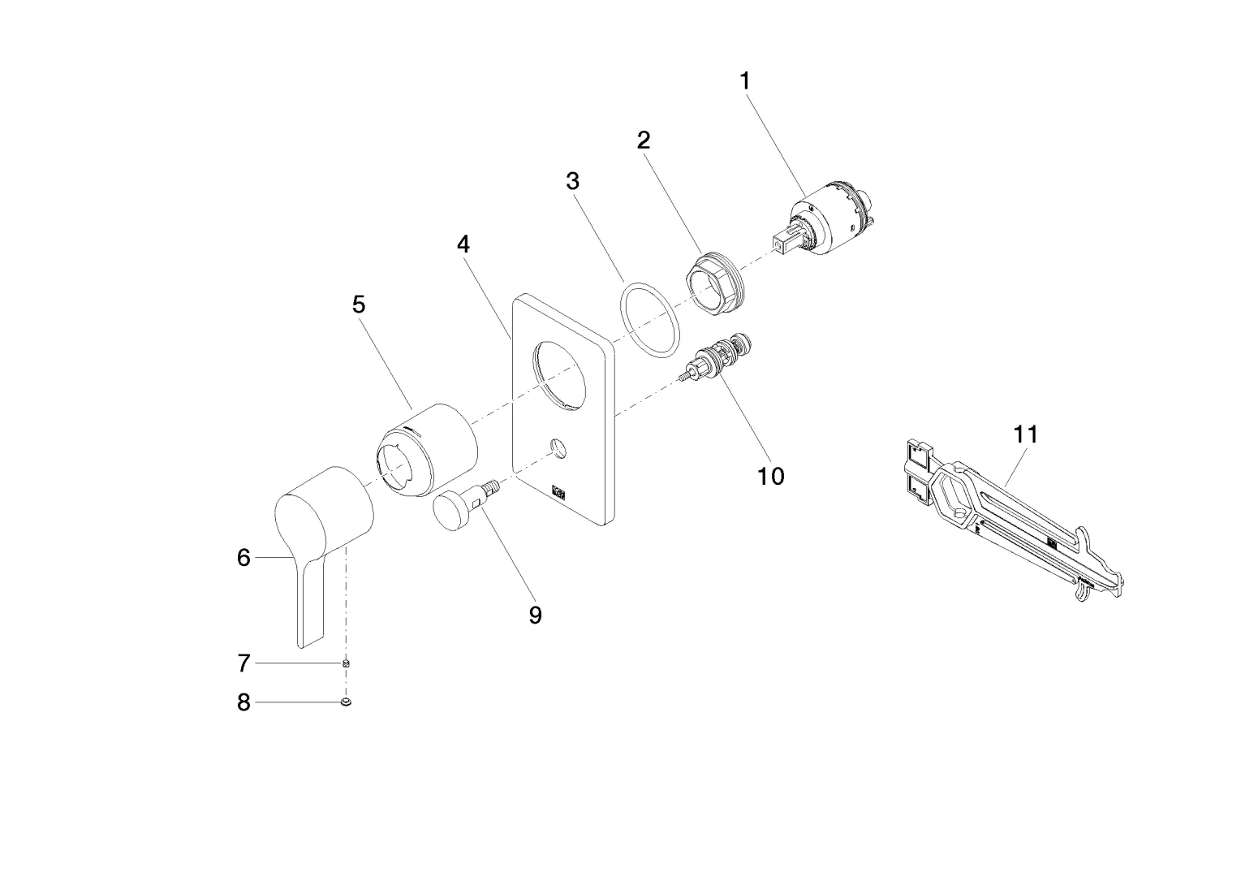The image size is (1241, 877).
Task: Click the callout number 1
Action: click(x=744, y=81)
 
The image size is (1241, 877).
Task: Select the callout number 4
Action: click(x=463, y=244)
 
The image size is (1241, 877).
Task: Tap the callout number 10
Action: click(x=771, y=476)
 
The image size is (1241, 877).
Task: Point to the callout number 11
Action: click(x=1026, y=434)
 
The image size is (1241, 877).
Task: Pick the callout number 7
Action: click(x=243, y=663)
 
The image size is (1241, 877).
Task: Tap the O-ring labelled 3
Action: click(x=649, y=319)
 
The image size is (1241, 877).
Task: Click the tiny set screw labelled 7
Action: click(x=347, y=663)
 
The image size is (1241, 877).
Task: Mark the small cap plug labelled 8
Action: click(x=347, y=702)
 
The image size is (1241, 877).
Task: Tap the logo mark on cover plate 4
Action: click(x=559, y=491)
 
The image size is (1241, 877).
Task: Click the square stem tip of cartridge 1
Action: click(x=782, y=242)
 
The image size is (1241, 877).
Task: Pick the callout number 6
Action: click(x=243, y=558)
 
